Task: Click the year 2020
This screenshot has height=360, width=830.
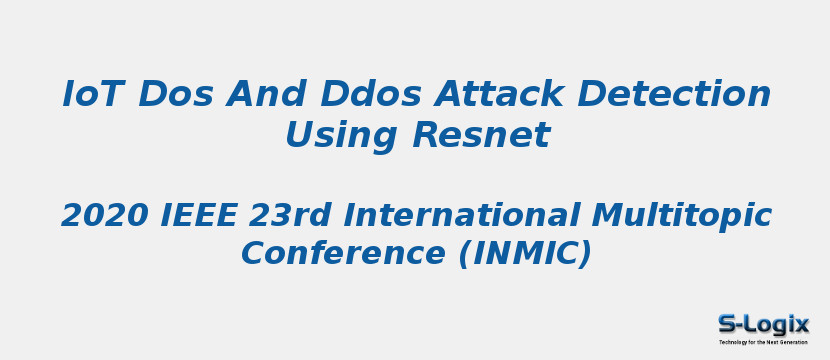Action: (104, 215)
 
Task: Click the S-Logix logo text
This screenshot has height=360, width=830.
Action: (763, 324)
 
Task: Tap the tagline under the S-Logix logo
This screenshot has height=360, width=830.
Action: (763, 342)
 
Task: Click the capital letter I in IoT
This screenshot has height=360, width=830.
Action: (67, 95)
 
